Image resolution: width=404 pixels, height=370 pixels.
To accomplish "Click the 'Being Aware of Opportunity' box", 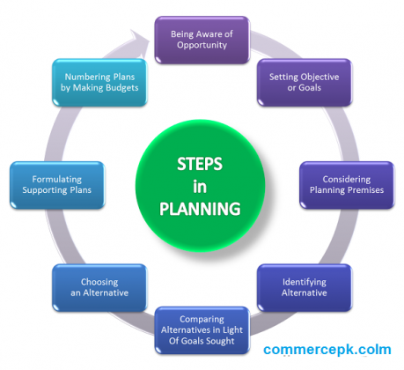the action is pyautogui.click(x=202, y=40).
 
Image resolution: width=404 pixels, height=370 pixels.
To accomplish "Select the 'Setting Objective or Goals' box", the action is pyautogui.click(x=305, y=83).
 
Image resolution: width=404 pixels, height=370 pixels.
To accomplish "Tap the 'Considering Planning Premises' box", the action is pyautogui.click(x=347, y=185).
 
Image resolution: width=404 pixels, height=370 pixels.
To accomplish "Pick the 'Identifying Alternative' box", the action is pyautogui.click(x=305, y=288).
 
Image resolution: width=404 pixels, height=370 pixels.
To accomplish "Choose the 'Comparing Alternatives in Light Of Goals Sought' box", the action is pyautogui.click(x=202, y=330).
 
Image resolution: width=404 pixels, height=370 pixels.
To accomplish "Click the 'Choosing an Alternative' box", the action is pyautogui.click(x=99, y=288).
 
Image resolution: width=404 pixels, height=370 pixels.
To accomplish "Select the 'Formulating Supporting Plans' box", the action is pyautogui.click(x=57, y=185).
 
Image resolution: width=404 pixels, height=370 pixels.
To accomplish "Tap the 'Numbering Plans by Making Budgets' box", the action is pyautogui.click(x=99, y=83).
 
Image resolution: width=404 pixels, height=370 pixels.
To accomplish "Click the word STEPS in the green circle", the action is pyautogui.click(x=200, y=164).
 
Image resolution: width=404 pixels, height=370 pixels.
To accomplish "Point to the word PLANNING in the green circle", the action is pyautogui.click(x=200, y=209).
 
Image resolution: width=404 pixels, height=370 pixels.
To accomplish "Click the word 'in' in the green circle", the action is pyautogui.click(x=200, y=187).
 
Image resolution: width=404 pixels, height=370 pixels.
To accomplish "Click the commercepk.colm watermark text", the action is pyautogui.click(x=327, y=350).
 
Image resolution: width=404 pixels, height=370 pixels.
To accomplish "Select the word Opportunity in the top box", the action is pyautogui.click(x=202, y=45).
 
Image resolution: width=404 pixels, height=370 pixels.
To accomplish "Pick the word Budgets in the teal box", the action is pyautogui.click(x=122, y=88).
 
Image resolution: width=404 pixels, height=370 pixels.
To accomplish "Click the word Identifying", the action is pyautogui.click(x=305, y=283).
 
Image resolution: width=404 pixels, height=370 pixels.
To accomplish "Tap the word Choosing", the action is pyautogui.click(x=99, y=283).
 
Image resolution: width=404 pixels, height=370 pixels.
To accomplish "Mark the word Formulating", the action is pyautogui.click(x=57, y=180).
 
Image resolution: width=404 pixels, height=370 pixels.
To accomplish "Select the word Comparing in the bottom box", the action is pyautogui.click(x=202, y=320).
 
